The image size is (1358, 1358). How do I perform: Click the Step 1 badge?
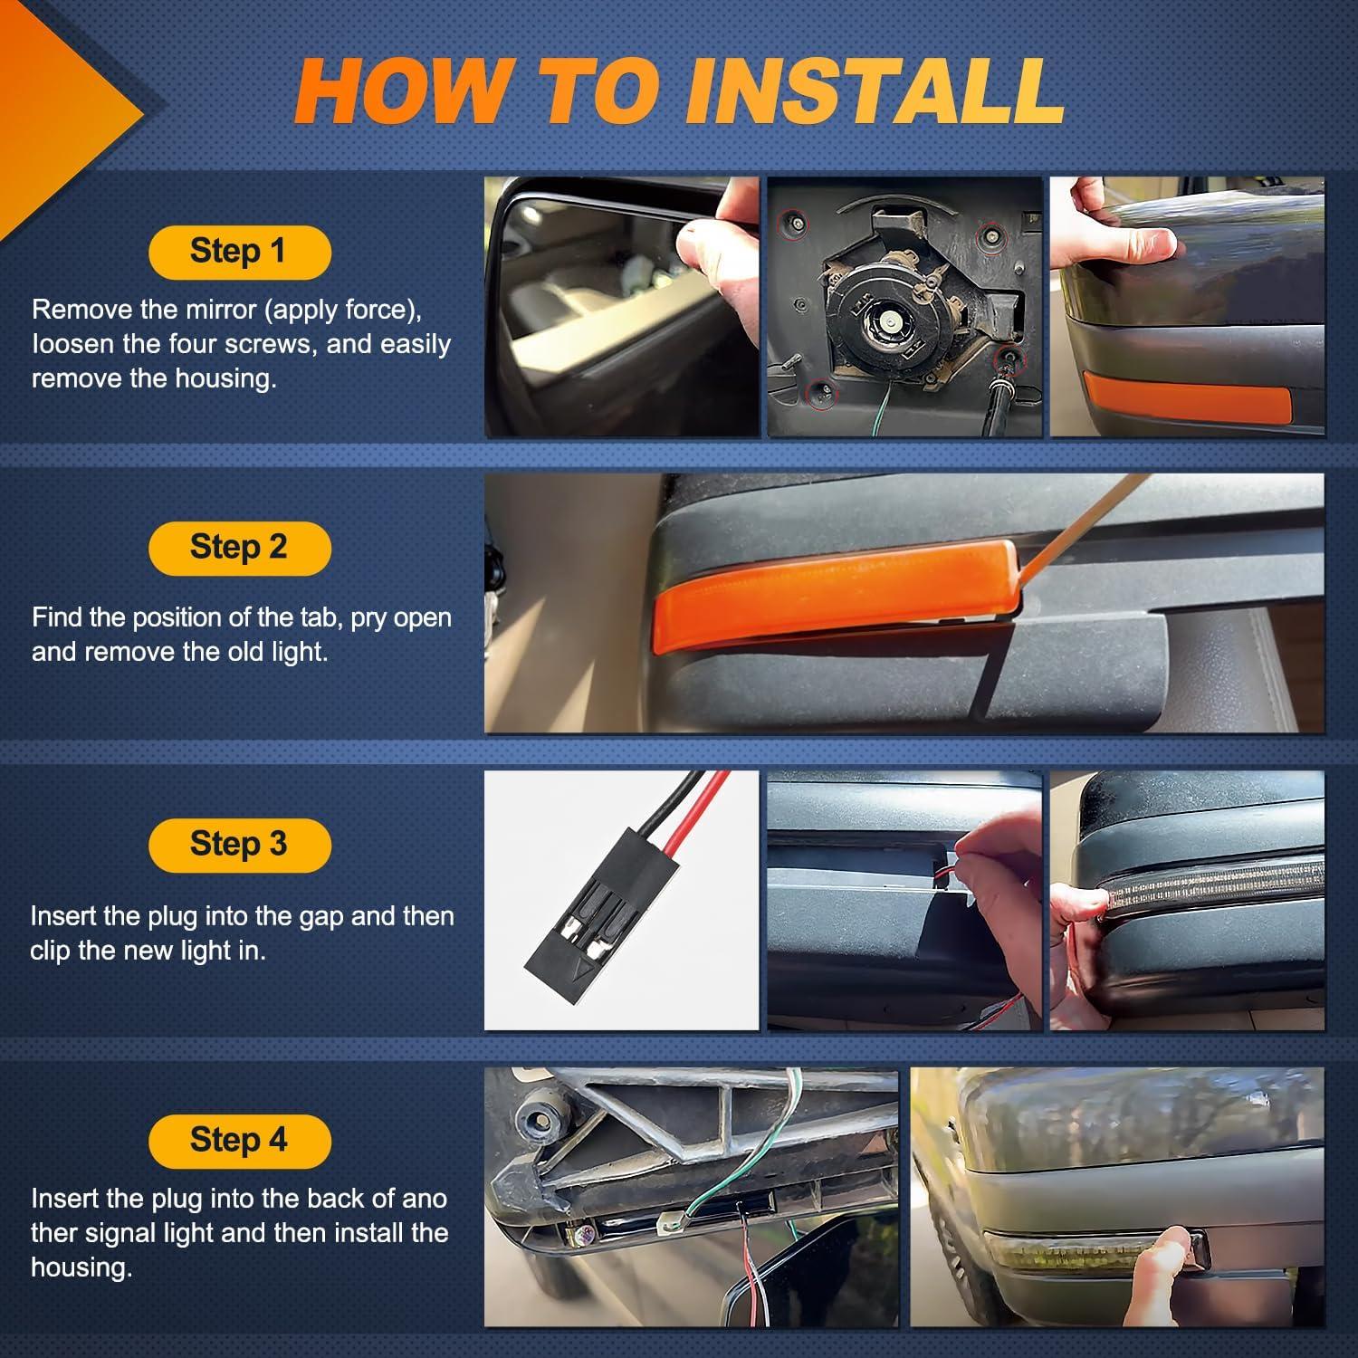coord(239,252)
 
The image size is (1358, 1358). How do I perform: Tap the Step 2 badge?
coord(239,548)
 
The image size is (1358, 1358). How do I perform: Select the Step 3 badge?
coord(239,845)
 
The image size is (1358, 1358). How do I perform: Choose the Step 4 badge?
coord(239,1141)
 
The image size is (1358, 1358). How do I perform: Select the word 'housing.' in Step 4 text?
coord(81,1267)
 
